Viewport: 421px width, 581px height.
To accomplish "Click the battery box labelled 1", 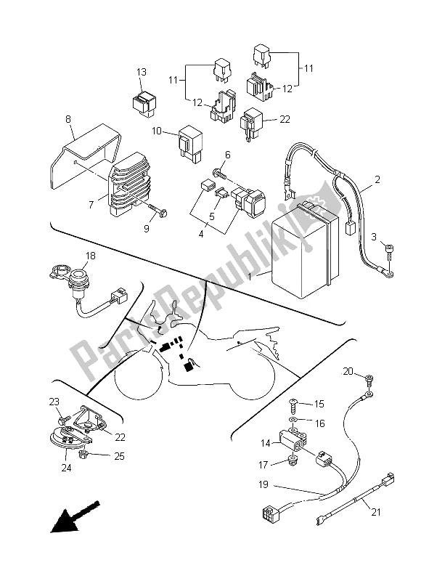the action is coord(305,249).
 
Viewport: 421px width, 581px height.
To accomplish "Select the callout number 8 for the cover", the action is coord(68,119).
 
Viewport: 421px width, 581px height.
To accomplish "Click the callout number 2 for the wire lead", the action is coord(377,179).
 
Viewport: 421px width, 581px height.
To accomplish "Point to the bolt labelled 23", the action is coord(63,420).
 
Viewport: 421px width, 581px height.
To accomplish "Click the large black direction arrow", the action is coord(75,517).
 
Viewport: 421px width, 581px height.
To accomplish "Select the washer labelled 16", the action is coord(294,420).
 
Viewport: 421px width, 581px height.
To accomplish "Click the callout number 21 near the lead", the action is coord(376,512).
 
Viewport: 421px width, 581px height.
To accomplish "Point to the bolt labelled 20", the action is coord(369,378).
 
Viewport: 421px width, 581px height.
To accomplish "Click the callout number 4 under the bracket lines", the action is coord(201,234).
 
